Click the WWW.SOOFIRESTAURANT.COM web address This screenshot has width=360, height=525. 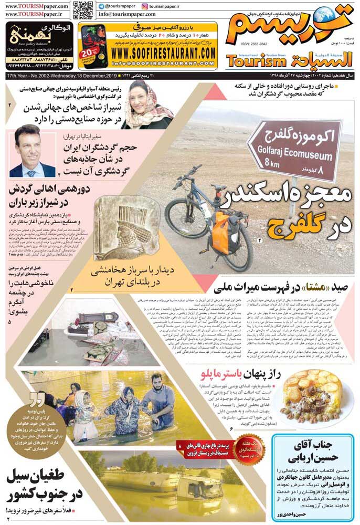pos(163,53)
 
